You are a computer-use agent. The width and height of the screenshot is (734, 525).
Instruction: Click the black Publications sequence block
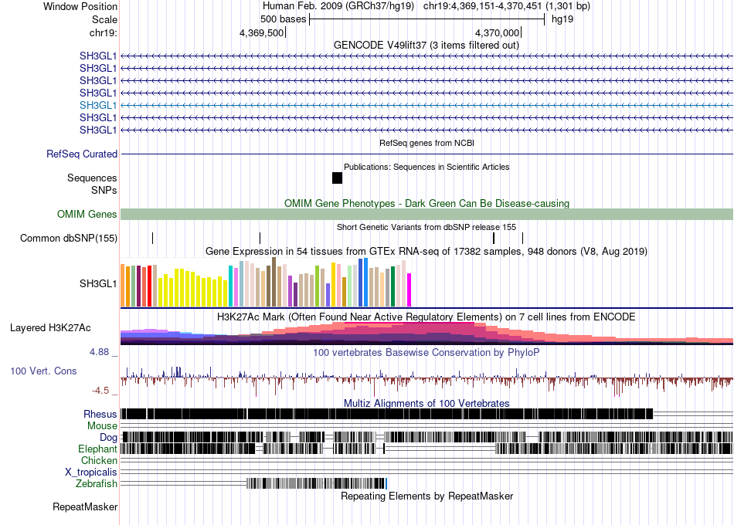pos(337,178)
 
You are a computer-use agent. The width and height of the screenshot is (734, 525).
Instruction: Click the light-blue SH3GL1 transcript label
pos(98,105)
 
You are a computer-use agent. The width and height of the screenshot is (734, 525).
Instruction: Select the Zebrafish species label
pos(97,483)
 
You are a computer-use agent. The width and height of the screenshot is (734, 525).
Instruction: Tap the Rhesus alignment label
pos(100,414)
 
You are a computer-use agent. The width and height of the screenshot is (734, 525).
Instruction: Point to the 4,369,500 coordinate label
pos(261,32)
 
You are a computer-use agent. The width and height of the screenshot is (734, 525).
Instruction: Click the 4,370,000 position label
pos(497,32)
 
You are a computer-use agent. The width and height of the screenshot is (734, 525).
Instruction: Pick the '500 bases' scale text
pos(284,19)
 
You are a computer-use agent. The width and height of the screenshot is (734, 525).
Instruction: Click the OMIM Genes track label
pos(87,214)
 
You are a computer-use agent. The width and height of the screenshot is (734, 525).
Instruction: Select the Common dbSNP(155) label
pos(69,238)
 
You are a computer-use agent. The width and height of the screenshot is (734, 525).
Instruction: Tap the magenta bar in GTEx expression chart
pos(409,290)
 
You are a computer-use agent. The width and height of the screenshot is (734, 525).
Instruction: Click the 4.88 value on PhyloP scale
pos(99,352)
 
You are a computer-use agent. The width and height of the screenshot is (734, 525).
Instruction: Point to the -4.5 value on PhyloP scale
pos(100,390)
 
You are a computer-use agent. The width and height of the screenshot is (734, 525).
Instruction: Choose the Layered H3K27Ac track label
pos(50,327)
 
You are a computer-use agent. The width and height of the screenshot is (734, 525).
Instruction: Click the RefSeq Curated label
pos(82,154)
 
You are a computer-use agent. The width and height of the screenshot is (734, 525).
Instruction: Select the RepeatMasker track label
pos(85,506)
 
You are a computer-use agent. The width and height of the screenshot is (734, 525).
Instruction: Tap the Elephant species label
pos(97,449)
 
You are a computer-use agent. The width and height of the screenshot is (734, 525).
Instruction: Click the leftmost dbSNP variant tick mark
pos(153,238)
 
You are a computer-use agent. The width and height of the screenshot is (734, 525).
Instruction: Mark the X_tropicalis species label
pos(91,472)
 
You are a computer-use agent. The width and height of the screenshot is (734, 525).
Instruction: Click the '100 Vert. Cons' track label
pos(43,371)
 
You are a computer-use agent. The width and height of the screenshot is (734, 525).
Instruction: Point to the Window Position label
pos(80,6)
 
